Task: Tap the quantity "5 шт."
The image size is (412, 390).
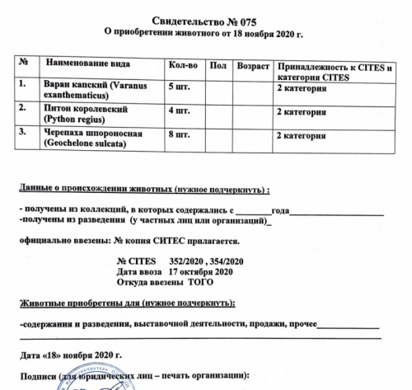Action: pyautogui.click(x=179, y=86)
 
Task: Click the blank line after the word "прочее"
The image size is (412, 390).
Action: pyautogui.click(x=349, y=327)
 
